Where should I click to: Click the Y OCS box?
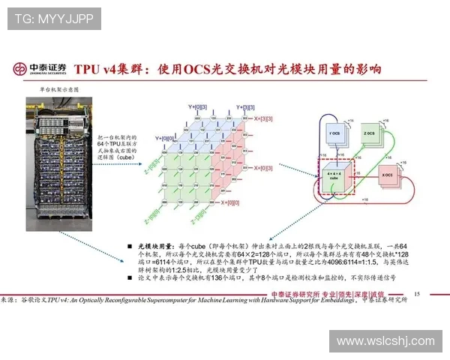(x=334, y=136)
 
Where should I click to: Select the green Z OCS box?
(x=370, y=136)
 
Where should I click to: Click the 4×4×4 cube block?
(x=334, y=177)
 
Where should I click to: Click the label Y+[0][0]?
(x=166, y=138)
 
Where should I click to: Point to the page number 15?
(x=417, y=294)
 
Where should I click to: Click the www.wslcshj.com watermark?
(x=385, y=341)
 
